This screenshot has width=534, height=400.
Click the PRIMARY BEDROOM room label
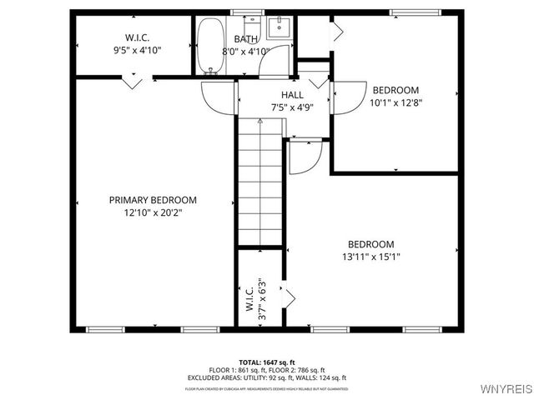click(x=153, y=200)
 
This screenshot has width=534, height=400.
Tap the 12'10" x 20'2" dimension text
click(x=153, y=212)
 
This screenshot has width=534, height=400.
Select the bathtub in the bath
click(x=207, y=47)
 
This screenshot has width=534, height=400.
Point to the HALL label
click(x=292, y=95)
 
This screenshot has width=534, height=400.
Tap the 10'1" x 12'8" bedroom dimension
click(x=395, y=103)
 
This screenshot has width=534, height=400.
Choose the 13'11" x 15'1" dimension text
click(x=370, y=257)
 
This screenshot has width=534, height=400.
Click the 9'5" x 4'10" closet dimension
click(x=137, y=50)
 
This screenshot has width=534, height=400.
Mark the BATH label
click(x=246, y=38)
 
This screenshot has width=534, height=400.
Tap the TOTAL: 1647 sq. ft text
click(x=268, y=362)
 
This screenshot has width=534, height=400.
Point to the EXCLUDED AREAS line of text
click(x=267, y=377)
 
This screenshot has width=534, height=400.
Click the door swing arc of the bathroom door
click(x=219, y=98)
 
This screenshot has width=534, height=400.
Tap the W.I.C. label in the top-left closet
click(x=137, y=37)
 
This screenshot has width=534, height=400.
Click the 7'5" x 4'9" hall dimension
click(x=292, y=107)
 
